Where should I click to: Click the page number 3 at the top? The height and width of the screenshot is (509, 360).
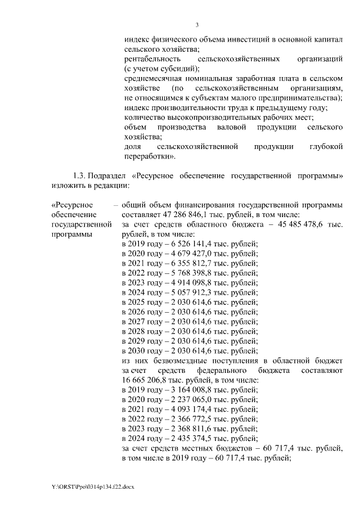[197, 25]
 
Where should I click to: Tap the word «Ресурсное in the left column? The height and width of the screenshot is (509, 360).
[72, 205]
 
